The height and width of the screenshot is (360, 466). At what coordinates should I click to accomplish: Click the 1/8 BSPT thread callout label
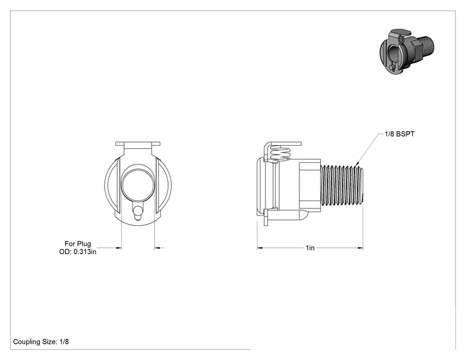point(400,134)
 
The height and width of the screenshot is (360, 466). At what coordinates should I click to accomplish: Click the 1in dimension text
point(310,248)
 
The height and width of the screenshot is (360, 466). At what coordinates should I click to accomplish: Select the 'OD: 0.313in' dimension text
point(78,252)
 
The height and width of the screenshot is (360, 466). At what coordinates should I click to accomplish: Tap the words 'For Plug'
point(78,244)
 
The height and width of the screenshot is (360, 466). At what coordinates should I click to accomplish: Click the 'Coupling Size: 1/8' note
point(41,342)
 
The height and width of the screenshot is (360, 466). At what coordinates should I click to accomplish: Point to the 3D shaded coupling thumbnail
point(406,51)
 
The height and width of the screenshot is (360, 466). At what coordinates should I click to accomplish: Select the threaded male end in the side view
point(342,185)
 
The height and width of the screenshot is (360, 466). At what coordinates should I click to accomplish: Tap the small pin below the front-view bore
point(138,212)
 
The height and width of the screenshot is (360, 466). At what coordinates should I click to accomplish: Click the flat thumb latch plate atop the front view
point(138,144)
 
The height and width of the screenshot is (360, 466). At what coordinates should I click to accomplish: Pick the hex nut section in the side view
point(309,185)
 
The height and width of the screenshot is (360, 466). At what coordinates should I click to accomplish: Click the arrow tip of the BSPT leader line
point(356,165)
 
